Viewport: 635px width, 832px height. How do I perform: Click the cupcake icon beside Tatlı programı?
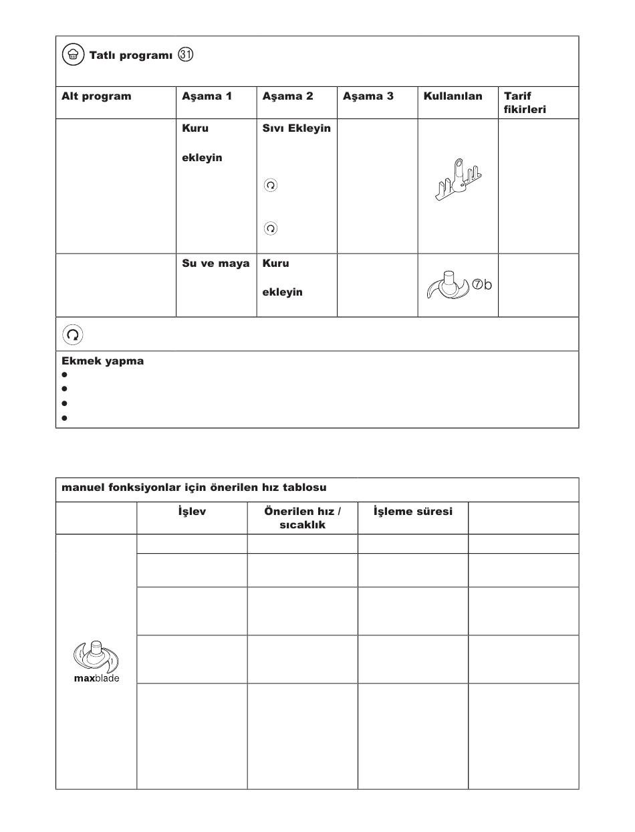coord(72,55)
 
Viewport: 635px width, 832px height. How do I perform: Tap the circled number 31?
coord(185,55)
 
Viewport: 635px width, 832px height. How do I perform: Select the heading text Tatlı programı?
coord(131,56)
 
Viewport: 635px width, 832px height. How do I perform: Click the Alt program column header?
coord(96,96)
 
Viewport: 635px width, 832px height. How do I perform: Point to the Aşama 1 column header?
coord(207,96)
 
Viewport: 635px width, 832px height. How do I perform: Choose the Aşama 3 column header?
coord(368,96)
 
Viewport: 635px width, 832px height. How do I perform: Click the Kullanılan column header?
coord(453,96)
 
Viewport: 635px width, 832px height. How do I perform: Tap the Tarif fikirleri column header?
coord(525,102)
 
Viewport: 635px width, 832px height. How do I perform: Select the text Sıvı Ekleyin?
coord(296,128)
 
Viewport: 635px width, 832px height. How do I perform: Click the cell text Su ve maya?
coord(216,264)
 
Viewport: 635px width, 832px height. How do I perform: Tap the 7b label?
coord(482,285)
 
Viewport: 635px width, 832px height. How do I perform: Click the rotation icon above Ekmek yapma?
coord(73,334)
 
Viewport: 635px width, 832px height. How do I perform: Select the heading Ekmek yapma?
coord(102,361)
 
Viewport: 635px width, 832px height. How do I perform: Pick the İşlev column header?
coord(192,512)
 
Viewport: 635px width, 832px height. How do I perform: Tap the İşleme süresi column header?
coord(412,512)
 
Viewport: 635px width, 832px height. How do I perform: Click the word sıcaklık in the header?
coord(302,525)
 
